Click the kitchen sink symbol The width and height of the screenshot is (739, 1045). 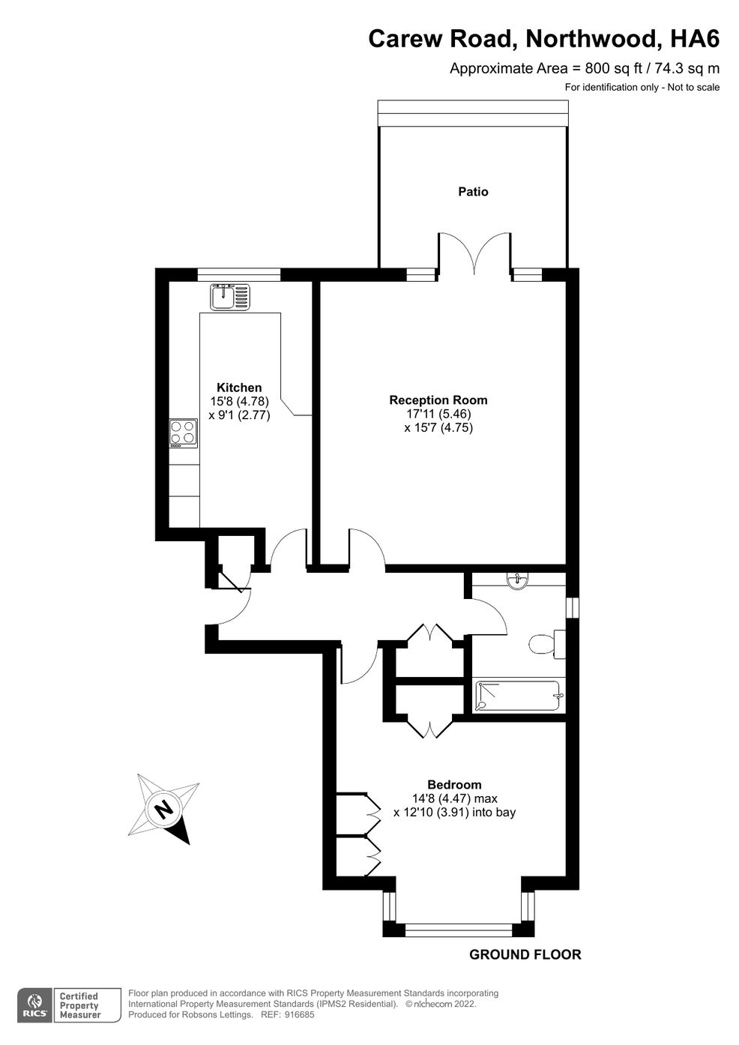[230, 297]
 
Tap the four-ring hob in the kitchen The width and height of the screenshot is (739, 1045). [184, 433]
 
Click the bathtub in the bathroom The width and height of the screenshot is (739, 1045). [517, 696]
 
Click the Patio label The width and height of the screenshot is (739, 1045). [473, 192]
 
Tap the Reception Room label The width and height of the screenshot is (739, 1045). [438, 400]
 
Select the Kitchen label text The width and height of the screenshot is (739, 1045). [239, 388]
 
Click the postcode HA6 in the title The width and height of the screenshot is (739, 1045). [695, 39]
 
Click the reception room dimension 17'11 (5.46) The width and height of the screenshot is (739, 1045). [438, 414]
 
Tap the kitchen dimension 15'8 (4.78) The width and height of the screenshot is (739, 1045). [239, 401]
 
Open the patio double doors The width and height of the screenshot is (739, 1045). [474, 255]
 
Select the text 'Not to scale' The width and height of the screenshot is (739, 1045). [693, 87]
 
